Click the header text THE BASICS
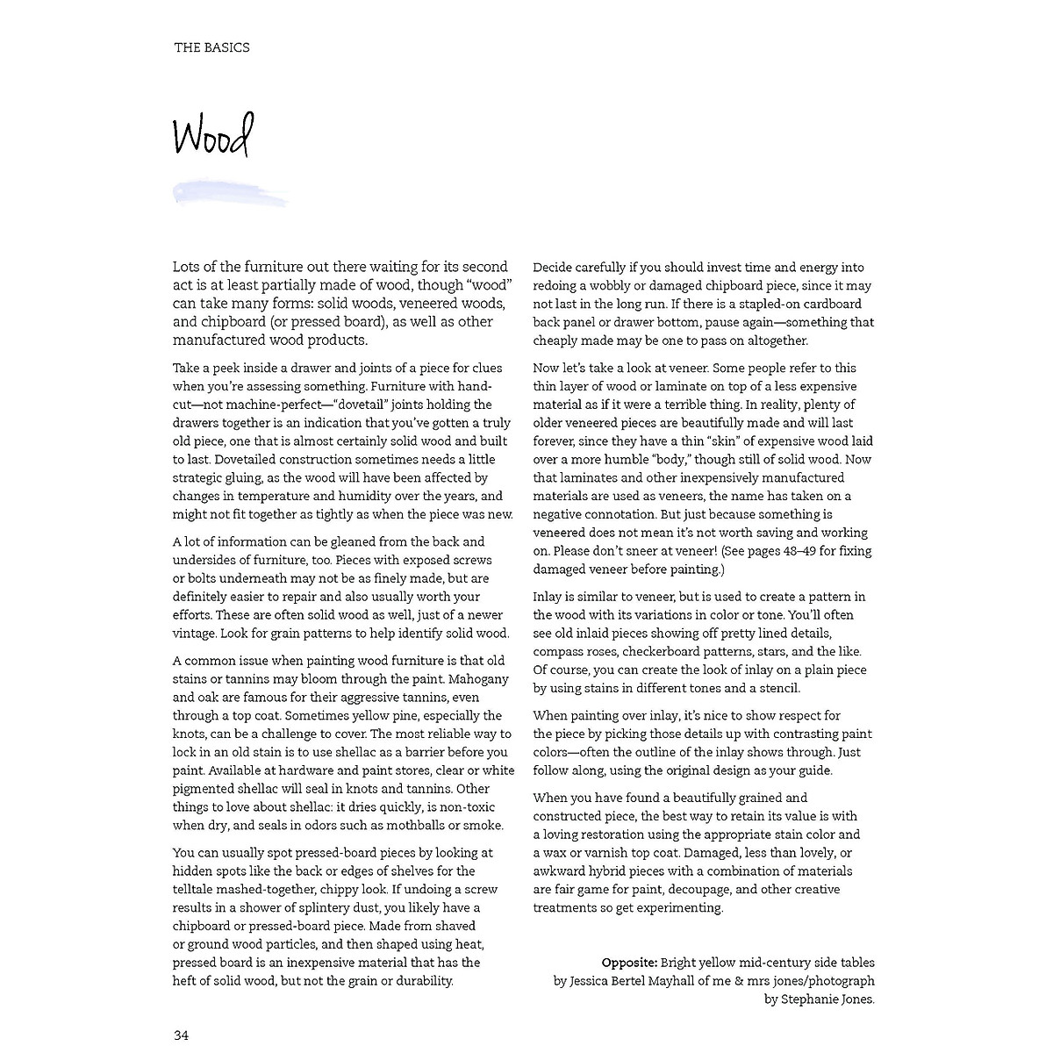point(211,47)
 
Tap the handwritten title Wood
point(212,136)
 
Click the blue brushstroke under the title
point(230,193)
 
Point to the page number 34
point(181,1035)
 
